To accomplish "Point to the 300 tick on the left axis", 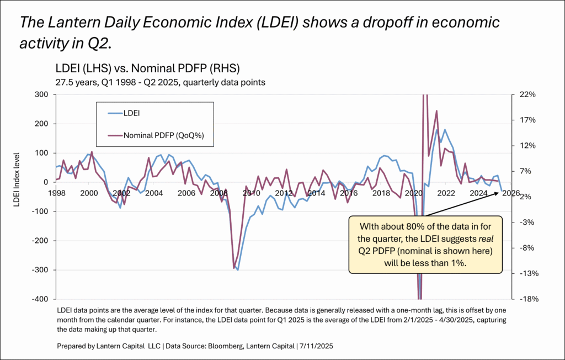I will point(40,94).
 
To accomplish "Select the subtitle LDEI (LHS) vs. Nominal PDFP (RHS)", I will point(147,69).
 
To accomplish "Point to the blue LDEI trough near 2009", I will point(238,269).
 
